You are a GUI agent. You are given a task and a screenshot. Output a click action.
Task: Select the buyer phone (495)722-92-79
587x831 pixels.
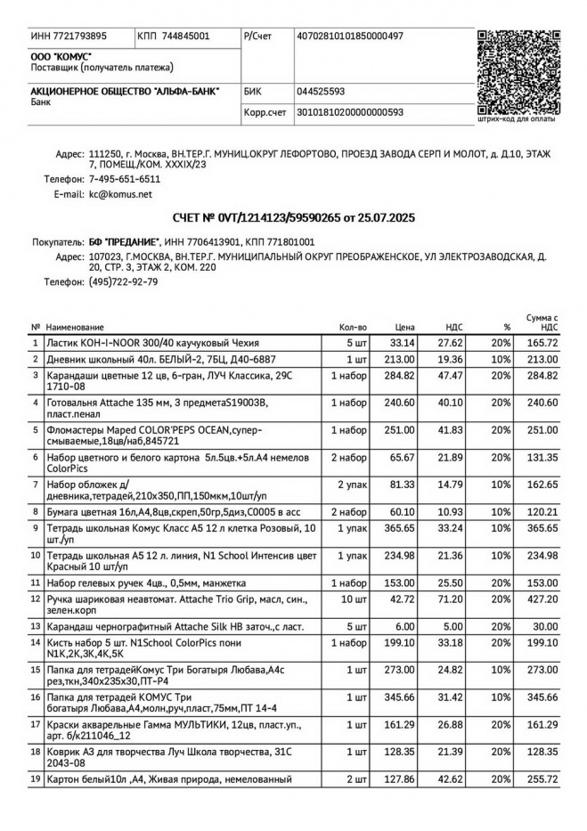click(123, 281)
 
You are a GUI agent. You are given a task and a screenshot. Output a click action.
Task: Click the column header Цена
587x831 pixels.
click(405, 328)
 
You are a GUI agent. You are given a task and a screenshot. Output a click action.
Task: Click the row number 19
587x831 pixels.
click(36, 779)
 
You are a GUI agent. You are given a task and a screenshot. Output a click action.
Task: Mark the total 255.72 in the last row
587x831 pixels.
click(542, 779)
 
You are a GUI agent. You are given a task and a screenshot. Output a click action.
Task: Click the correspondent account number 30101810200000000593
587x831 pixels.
click(350, 112)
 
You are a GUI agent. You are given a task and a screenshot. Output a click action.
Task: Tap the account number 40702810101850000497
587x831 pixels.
click(350, 37)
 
